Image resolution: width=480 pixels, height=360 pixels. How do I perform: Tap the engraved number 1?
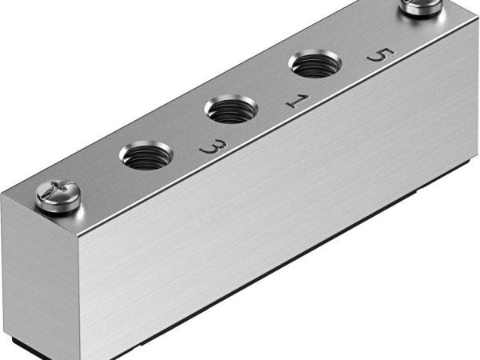pyautogui.click(x=296, y=102)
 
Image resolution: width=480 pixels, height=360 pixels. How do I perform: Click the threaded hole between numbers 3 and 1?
pyautogui.click(x=232, y=108)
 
